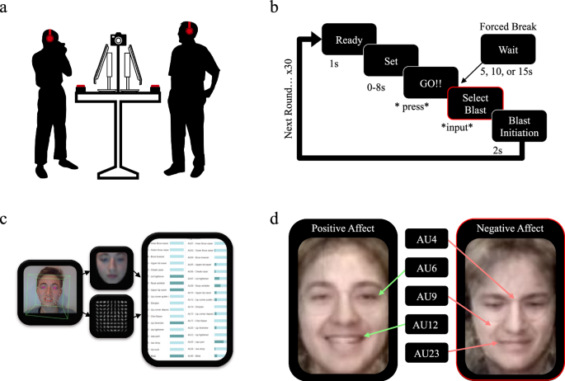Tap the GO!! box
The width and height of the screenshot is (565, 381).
click(431, 85)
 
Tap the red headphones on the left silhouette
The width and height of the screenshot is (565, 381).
click(51, 35)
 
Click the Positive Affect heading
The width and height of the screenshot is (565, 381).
click(351, 227)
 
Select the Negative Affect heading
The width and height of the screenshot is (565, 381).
click(511, 227)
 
